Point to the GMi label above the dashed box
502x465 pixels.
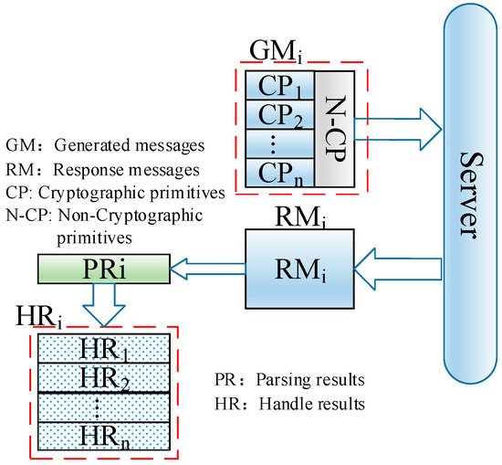coord(271,50)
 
